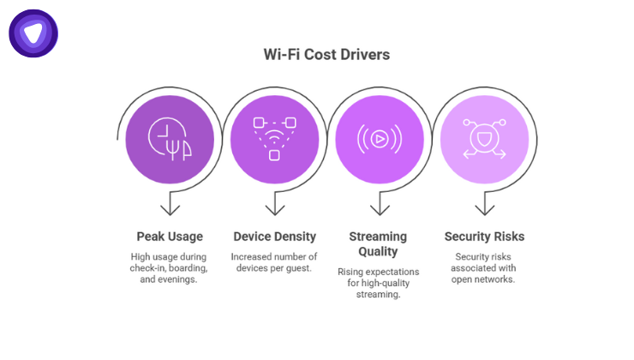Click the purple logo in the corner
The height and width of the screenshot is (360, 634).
[x=33, y=33]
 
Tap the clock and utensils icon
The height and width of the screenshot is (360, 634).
[x=169, y=138]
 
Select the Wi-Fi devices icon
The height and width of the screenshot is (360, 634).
[x=274, y=138]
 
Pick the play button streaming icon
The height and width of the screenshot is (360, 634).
[x=379, y=138]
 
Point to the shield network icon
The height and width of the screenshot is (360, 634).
[x=484, y=138]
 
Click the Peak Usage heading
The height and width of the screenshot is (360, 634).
[x=170, y=236]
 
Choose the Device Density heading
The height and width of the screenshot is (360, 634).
[x=274, y=236]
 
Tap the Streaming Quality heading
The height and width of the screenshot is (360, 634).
[x=379, y=243]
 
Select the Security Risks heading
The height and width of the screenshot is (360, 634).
[x=484, y=236]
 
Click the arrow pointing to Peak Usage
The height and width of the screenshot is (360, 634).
[x=170, y=206]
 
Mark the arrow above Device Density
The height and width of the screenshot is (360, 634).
[x=274, y=206]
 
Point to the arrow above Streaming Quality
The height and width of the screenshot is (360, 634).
[x=379, y=206]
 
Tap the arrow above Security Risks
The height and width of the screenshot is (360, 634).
[x=484, y=206]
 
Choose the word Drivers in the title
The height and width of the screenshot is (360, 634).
[x=363, y=55]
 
